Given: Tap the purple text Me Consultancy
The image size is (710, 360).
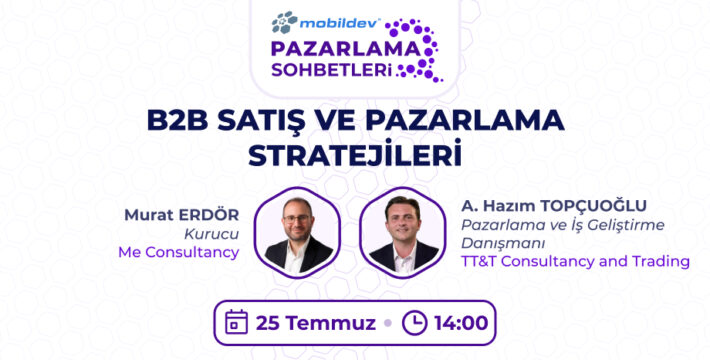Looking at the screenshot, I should click(177, 251).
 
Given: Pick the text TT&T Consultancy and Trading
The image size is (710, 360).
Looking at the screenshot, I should click(575, 261).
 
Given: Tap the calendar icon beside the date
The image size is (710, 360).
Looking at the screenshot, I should click(237, 323).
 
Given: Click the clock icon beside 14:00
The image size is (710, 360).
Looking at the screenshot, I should click(414, 323).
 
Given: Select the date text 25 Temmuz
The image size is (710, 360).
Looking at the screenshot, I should click(313, 323).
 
